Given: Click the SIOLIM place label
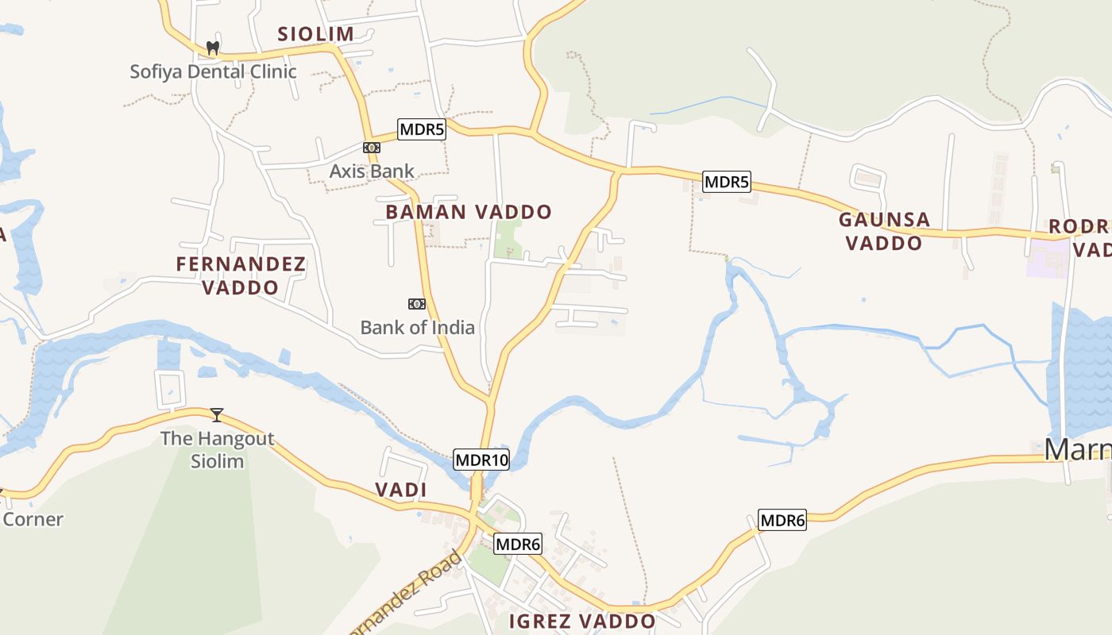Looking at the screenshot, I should pos(315,34).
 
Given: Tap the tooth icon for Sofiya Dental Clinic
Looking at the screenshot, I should pos(212,48).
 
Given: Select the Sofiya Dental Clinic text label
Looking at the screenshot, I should pos(213,71).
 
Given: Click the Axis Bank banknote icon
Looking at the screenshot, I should pos(371,148).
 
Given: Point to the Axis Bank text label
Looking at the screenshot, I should pos(372,171).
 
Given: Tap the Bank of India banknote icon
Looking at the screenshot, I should pos(416,304).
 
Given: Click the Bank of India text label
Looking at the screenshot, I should pos(417,327).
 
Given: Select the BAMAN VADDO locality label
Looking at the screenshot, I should pos(469,212).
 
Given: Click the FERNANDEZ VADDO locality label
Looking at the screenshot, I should pos(241,275).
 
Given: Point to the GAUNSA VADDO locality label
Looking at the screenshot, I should pos(884,231).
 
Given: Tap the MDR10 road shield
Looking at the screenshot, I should pos(481,460).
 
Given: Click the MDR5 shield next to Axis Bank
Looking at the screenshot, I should pos(421,129).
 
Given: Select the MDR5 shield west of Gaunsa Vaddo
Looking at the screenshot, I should pos(727,182).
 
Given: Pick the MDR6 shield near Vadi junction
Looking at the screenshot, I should pos(518,545).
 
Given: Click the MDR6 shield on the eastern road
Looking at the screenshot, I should pos(782,521).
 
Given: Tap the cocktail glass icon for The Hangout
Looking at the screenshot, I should pos(216,414).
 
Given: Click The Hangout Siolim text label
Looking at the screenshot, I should pos(217,449).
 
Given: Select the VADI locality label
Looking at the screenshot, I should pos(401,490).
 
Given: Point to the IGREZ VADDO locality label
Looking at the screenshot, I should pos(581,621).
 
